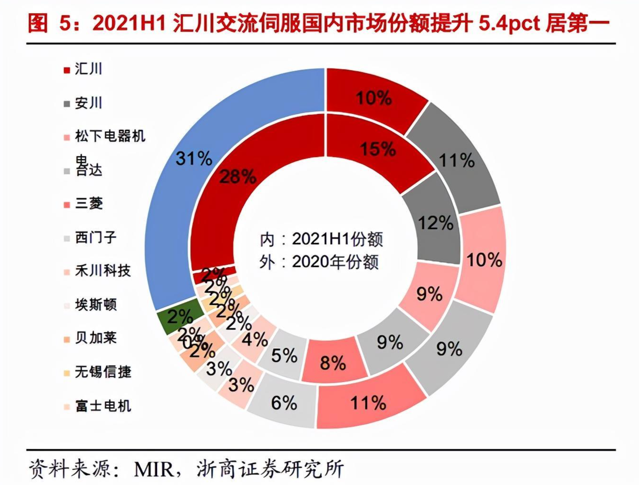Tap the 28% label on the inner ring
[237, 177]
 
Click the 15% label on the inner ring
[377, 149]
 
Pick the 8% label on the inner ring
[333, 363]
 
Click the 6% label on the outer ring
[284, 403]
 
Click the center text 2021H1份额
[337, 239]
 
